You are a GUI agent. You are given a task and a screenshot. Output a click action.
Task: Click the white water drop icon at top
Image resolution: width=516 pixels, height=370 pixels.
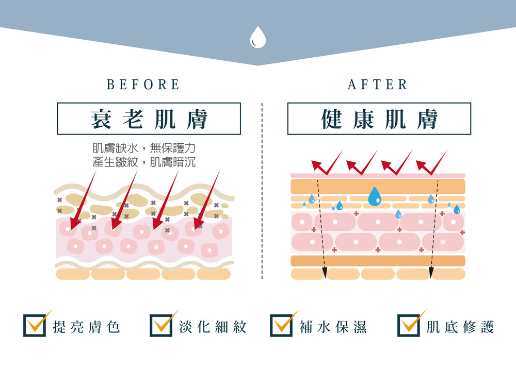[257, 37]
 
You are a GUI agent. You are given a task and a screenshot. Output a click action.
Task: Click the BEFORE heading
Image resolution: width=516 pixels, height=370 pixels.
[143, 85]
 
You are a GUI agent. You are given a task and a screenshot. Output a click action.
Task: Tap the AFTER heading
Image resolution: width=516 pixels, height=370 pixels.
[378, 85]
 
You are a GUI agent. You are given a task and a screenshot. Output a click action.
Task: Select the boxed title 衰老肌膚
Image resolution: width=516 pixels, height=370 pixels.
[149, 119]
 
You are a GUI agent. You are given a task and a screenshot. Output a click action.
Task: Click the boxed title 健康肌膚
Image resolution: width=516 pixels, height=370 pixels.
[379, 119]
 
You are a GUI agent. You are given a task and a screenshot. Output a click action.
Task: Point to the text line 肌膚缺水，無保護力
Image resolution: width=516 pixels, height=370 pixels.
[143, 148]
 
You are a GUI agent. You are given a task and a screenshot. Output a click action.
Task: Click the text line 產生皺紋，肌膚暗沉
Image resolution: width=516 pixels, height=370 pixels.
[143, 162]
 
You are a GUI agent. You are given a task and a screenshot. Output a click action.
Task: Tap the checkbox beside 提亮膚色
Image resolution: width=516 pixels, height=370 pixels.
[35, 326]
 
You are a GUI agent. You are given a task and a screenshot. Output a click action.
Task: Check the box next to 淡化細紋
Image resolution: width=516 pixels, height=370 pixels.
[161, 326]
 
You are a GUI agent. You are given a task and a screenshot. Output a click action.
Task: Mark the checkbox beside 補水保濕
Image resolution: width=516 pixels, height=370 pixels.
[281, 326]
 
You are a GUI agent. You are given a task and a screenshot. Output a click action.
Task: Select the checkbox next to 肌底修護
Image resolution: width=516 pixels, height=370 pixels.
[409, 326]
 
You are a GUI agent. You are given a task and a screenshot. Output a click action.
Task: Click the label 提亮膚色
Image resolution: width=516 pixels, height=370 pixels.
[86, 327]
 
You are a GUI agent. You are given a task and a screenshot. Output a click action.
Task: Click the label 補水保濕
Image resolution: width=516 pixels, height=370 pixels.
[333, 327]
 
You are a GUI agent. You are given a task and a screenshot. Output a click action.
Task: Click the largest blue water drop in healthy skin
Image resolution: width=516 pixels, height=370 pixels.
[375, 196]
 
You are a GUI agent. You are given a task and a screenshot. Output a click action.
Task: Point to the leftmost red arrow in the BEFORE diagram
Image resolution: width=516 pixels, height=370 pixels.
[83, 201]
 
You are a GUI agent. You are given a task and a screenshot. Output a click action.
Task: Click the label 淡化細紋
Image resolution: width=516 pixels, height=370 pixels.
[213, 327]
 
